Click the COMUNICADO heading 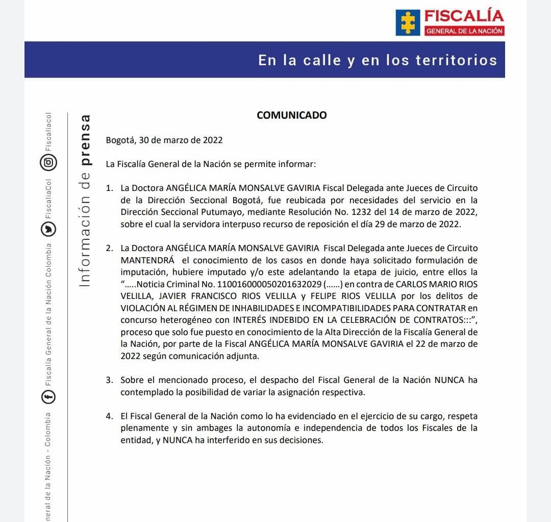click(291, 115)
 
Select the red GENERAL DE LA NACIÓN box click(464, 31)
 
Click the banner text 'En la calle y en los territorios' click(377, 60)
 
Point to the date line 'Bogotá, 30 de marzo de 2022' click(164, 140)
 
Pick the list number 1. click(109, 188)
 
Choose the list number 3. click(109, 380)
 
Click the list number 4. click(109, 417)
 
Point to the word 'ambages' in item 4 click(215, 428)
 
